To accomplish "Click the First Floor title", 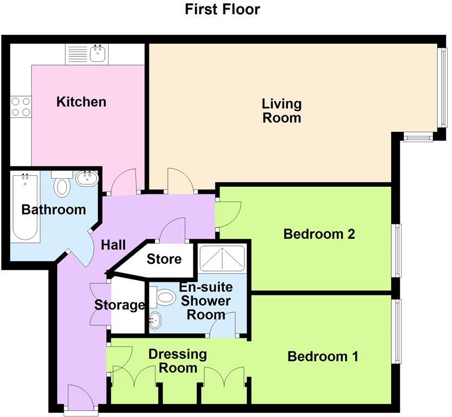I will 222,9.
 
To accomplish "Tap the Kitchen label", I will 81,102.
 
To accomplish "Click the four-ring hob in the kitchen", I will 21,106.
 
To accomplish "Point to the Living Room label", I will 281,110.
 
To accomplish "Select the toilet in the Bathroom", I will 63,186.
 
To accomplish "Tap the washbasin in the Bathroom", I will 86,178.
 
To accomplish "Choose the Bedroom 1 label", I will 323,357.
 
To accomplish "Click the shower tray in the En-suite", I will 223,258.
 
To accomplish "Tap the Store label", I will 164,259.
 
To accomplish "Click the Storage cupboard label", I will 120,305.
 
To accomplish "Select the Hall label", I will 113,245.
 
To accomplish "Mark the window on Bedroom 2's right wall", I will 398,250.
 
